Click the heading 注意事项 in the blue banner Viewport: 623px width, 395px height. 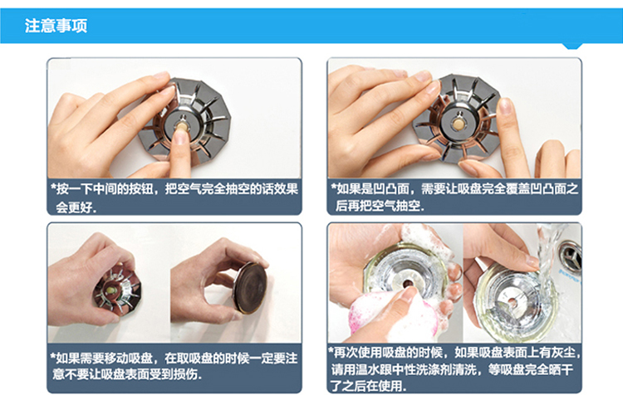(56, 26)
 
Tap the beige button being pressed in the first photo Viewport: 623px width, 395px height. (182, 127)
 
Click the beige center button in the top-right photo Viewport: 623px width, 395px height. (459, 124)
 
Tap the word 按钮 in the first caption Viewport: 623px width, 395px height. (141, 189)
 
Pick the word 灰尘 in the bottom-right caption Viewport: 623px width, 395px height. (564, 352)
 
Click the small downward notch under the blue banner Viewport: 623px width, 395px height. (572, 46)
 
